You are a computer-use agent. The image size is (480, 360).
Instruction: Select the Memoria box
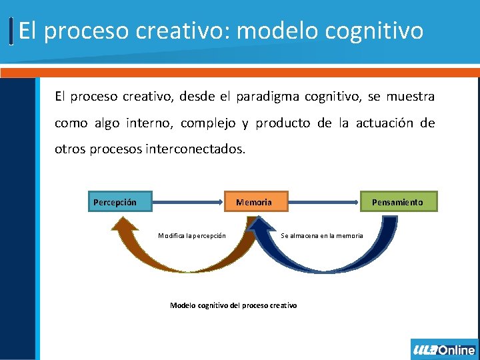[x=254, y=202]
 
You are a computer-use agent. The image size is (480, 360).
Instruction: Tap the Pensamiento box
[x=399, y=202]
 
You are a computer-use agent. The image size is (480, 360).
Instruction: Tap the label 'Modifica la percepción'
[x=192, y=235]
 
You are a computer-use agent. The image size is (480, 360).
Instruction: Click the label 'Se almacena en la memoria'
[x=322, y=235]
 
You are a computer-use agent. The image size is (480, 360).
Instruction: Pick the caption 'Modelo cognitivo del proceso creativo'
[x=233, y=305]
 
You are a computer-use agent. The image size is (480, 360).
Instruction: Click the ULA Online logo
[x=444, y=350]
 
